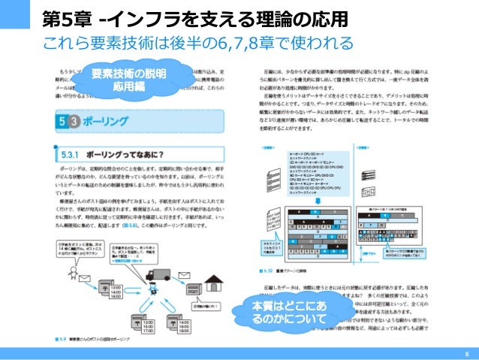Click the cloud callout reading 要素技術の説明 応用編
tap(129, 80)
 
